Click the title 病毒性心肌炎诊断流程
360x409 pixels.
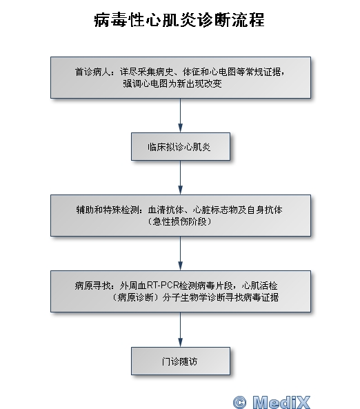coord(179,19)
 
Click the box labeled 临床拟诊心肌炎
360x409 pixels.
coord(181,147)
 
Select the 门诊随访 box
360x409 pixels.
coord(181,361)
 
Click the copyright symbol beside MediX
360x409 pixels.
coord(239,402)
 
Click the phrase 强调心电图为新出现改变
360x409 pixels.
coord(172,83)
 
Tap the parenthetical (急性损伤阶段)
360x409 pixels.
coord(179,221)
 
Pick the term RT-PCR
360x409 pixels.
coord(163,286)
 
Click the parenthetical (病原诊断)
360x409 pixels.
coord(136,297)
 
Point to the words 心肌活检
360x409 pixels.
coord(259,286)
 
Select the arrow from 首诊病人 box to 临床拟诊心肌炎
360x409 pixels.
coord(180,116)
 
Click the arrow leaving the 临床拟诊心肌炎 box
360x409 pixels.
coord(180,177)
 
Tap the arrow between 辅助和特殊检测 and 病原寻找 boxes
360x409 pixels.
coord(180,253)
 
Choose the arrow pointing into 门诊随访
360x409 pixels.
coord(180,330)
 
